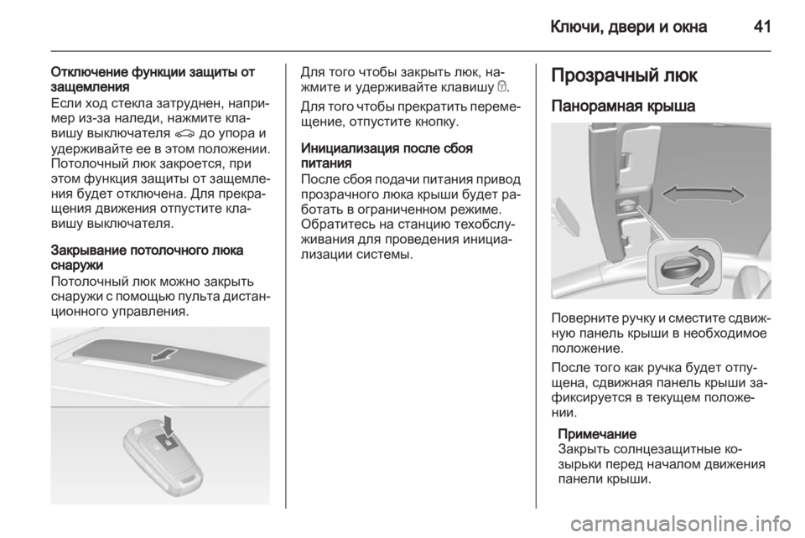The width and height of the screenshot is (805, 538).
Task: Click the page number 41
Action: pos(762,26)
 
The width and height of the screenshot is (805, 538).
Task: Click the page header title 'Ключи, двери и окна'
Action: pos(628,27)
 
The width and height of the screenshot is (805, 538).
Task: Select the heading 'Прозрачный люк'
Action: pos(624,76)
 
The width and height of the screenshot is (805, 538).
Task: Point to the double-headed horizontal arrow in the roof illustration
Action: pos(704,195)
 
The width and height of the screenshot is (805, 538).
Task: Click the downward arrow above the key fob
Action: pos(169,424)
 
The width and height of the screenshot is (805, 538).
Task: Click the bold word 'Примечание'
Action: pos(596,434)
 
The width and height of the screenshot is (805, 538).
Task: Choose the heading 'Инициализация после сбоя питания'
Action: pos(387,156)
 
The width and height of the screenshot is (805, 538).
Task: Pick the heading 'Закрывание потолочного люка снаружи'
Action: pos(147,258)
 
